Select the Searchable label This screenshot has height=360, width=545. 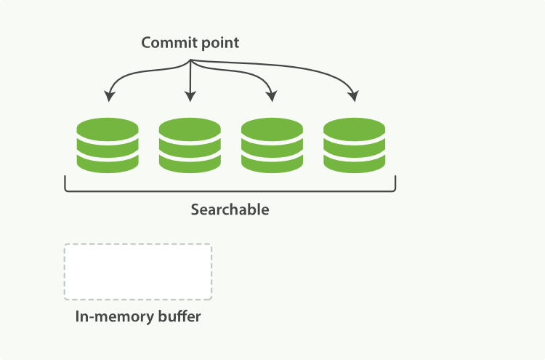230,209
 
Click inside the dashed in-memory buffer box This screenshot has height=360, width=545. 138,272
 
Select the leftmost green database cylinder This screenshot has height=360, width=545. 108,145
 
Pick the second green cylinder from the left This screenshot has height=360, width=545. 190,145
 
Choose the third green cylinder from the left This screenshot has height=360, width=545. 272,145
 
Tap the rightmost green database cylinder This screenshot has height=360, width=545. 354,145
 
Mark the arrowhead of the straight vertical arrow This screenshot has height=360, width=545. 190,97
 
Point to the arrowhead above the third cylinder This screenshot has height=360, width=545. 272,97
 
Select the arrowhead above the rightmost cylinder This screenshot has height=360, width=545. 354,97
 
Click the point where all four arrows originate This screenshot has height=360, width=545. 190,60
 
